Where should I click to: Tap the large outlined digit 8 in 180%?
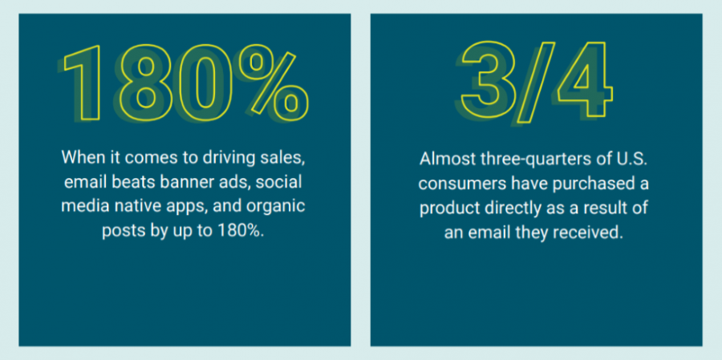146,83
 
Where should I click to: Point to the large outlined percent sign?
273,83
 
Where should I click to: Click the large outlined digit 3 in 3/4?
487,79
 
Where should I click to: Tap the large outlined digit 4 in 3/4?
585,79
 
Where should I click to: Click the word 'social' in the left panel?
278,183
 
